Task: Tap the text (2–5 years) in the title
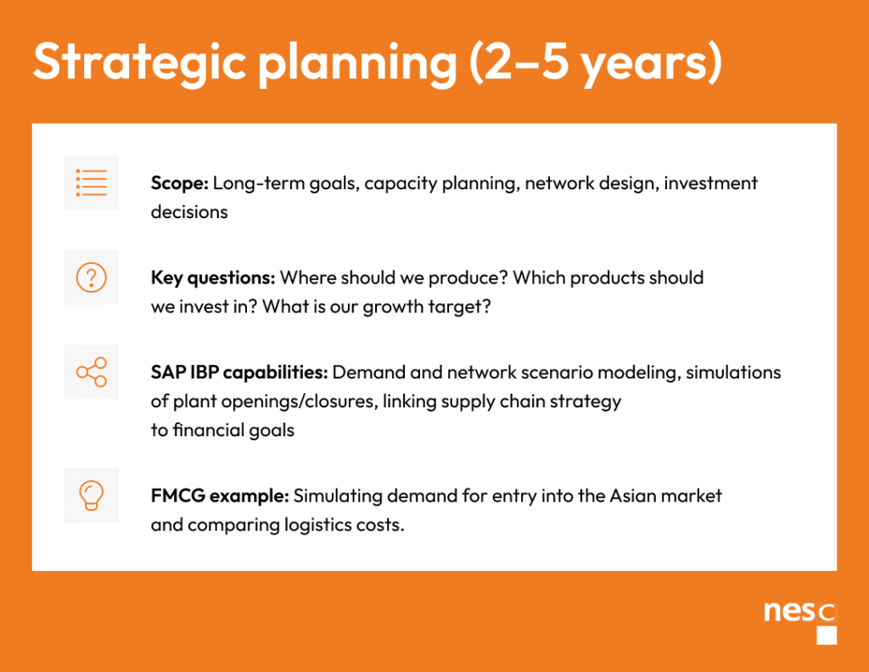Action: click(596, 63)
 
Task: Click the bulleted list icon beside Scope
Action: click(92, 182)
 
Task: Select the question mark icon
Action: click(92, 277)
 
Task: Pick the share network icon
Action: click(92, 372)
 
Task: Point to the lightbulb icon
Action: click(92, 496)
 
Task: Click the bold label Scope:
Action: click(180, 182)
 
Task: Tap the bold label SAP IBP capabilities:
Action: click(239, 372)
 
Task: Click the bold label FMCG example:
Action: click(220, 496)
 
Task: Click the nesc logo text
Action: click(799, 612)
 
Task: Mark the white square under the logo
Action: click(827, 636)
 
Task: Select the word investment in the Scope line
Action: click(710, 182)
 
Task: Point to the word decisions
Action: click(189, 211)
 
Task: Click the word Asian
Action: click(632, 496)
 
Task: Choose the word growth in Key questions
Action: click(393, 307)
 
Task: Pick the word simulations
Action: click(733, 372)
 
